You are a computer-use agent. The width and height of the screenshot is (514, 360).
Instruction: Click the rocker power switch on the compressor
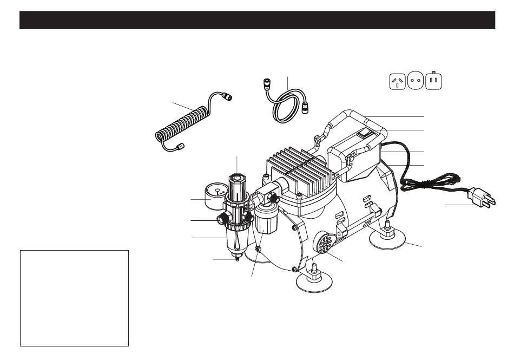[x=367, y=130]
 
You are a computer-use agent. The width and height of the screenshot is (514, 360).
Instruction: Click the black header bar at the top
[x=257, y=20]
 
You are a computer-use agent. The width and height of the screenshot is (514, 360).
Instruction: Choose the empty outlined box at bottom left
[x=74, y=298]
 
